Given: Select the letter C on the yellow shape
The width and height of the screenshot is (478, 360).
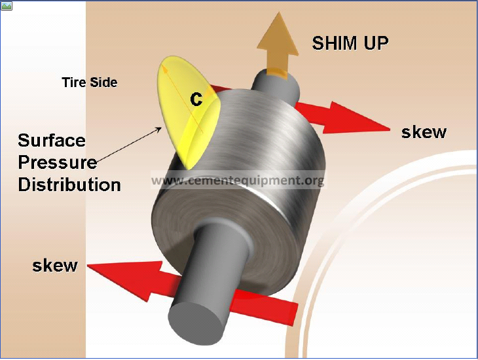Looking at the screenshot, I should coord(196,99).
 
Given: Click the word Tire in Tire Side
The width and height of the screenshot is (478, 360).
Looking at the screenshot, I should coord(74,82).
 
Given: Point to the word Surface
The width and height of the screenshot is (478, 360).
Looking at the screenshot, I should coord(52,140).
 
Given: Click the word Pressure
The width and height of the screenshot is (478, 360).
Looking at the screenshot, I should coord(58,162).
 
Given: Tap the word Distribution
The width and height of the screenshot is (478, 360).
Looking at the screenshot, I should coord(69,185).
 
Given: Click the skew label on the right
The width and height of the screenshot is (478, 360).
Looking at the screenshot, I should coord(424,132).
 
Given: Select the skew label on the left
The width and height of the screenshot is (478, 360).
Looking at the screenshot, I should coord(55,266).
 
